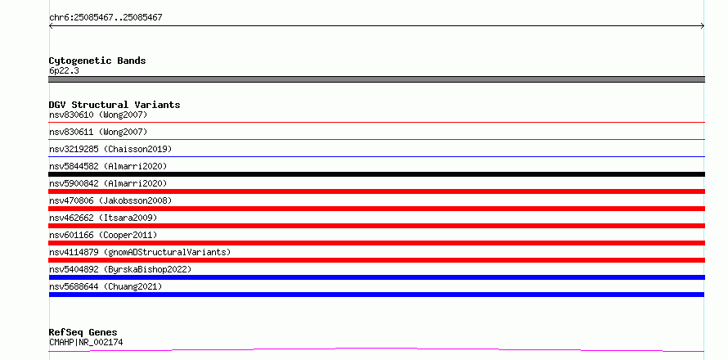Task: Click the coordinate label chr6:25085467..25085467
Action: [x=106, y=18]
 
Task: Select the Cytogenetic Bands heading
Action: [x=97, y=61]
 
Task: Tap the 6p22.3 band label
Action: [x=64, y=71]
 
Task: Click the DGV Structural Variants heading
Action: [x=115, y=105]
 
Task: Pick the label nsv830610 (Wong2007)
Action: [x=98, y=115]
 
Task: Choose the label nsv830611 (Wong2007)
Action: [x=98, y=132]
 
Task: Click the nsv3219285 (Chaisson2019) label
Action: [x=110, y=149]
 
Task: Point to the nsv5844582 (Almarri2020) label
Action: [x=108, y=166]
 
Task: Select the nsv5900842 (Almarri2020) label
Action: [x=108, y=183]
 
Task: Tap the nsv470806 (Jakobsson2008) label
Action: [x=110, y=200]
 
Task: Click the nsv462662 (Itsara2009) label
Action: [x=103, y=218]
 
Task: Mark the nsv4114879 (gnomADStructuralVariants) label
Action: [x=140, y=252]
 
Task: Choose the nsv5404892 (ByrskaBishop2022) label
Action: [x=120, y=269]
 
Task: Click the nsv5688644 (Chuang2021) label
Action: [x=106, y=286]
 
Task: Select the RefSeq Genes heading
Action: [x=83, y=333]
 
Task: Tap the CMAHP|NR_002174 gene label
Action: [x=86, y=343]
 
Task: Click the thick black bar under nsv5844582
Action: [x=376, y=174]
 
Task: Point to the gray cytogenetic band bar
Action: [x=376, y=79]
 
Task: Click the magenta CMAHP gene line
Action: [x=376, y=348]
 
